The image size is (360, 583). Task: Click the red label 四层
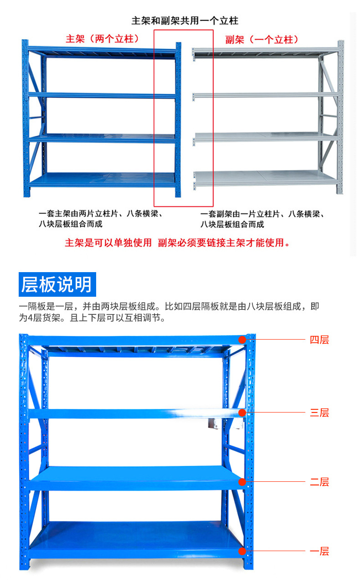coord(319,340)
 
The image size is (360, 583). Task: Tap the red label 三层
coord(319,413)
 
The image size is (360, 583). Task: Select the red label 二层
coord(319,482)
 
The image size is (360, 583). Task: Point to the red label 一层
coord(319,551)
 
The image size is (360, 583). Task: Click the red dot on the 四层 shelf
coord(242,340)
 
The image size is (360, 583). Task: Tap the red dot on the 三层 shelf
coord(242,413)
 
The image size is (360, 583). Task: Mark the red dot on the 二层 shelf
coord(242,482)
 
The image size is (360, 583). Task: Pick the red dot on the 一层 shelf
coord(242,551)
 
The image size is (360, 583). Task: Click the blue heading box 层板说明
coord(57,284)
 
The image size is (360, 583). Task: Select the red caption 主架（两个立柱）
coord(102,39)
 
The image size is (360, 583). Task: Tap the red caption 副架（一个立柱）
coord(262,40)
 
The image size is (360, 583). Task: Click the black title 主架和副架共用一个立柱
coord(185,21)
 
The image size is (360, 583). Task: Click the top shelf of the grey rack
coord(265,52)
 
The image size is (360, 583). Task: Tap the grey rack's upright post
coord(341,117)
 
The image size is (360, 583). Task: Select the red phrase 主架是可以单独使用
coord(108,242)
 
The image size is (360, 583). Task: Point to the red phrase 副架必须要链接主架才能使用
coord(223,242)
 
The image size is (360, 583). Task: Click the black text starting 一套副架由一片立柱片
coord(262,219)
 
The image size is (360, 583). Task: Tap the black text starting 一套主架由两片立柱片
coord(101,219)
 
